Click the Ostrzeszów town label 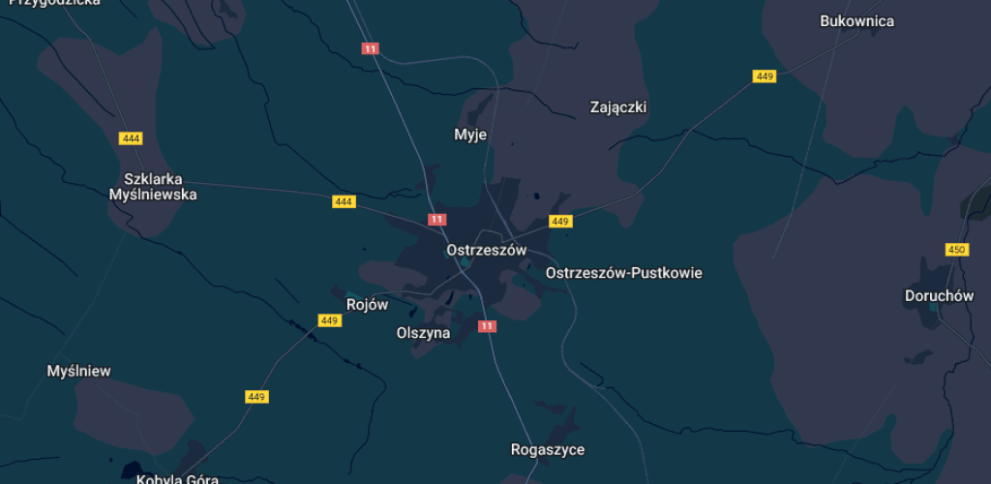tap(486, 250)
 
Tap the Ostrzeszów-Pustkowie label tap(623, 273)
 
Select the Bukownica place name tap(856, 21)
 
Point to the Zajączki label tap(617, 107)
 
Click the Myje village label tap(470, 135)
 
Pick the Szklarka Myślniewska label tap(154, 187)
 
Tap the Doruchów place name tap(938, 296)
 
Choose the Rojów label tap(367, 305)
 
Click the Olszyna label tap(423, 333)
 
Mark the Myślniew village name tap(79, 371)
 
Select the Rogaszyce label tap(547, 450)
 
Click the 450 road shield tap(956, 251)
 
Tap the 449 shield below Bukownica tap(765, 76)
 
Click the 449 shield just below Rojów tap(329, 320)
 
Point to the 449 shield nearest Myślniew tap(256, 397)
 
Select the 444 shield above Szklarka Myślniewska tap(132, 138)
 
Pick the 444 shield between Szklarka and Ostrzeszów tap(344, 201)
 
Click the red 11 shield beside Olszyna tap(487, 326)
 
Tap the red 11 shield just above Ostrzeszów tap(437, 220)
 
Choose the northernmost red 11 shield tap(370, 48)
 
